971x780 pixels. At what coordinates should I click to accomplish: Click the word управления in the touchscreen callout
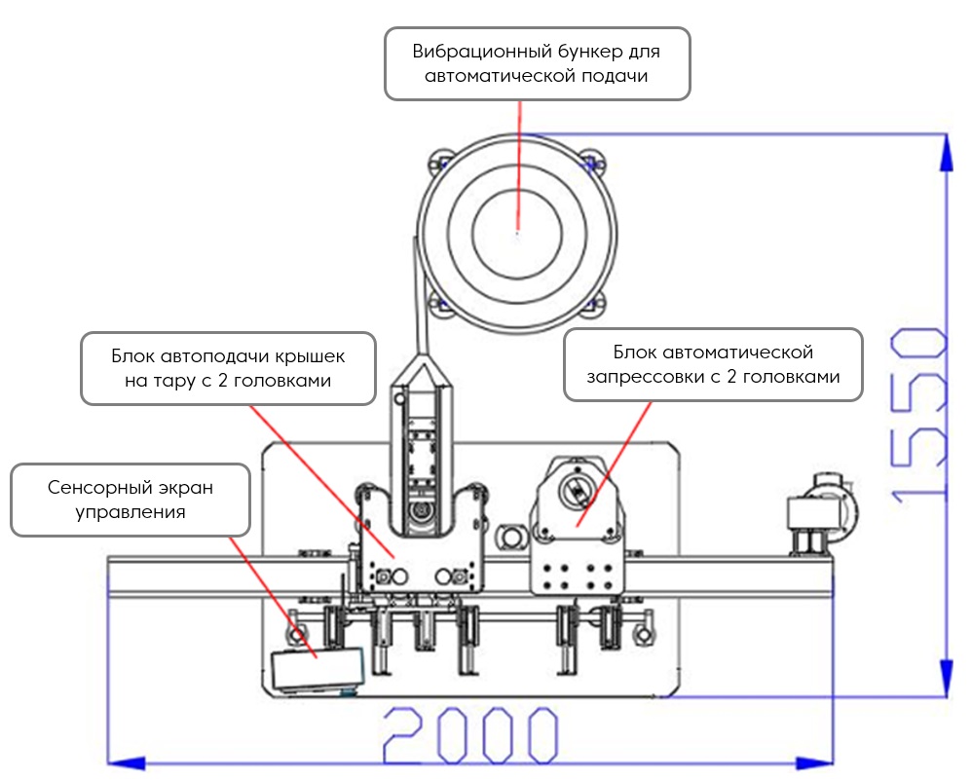coord(131,513)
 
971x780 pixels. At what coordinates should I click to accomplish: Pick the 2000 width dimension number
coord(470,735)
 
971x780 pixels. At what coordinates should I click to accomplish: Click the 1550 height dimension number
coord(919,414)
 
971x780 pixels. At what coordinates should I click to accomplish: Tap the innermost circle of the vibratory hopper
coord(518,234)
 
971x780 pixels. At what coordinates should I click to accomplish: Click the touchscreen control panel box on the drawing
coord(317,670)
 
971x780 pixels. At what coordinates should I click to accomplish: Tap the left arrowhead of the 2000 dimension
coord(127,762)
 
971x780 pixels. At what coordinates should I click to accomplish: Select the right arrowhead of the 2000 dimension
coord(815,762)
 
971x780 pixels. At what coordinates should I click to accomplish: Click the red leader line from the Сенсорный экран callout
coord(273,597)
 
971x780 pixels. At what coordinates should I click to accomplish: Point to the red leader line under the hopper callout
coord(519,166)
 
